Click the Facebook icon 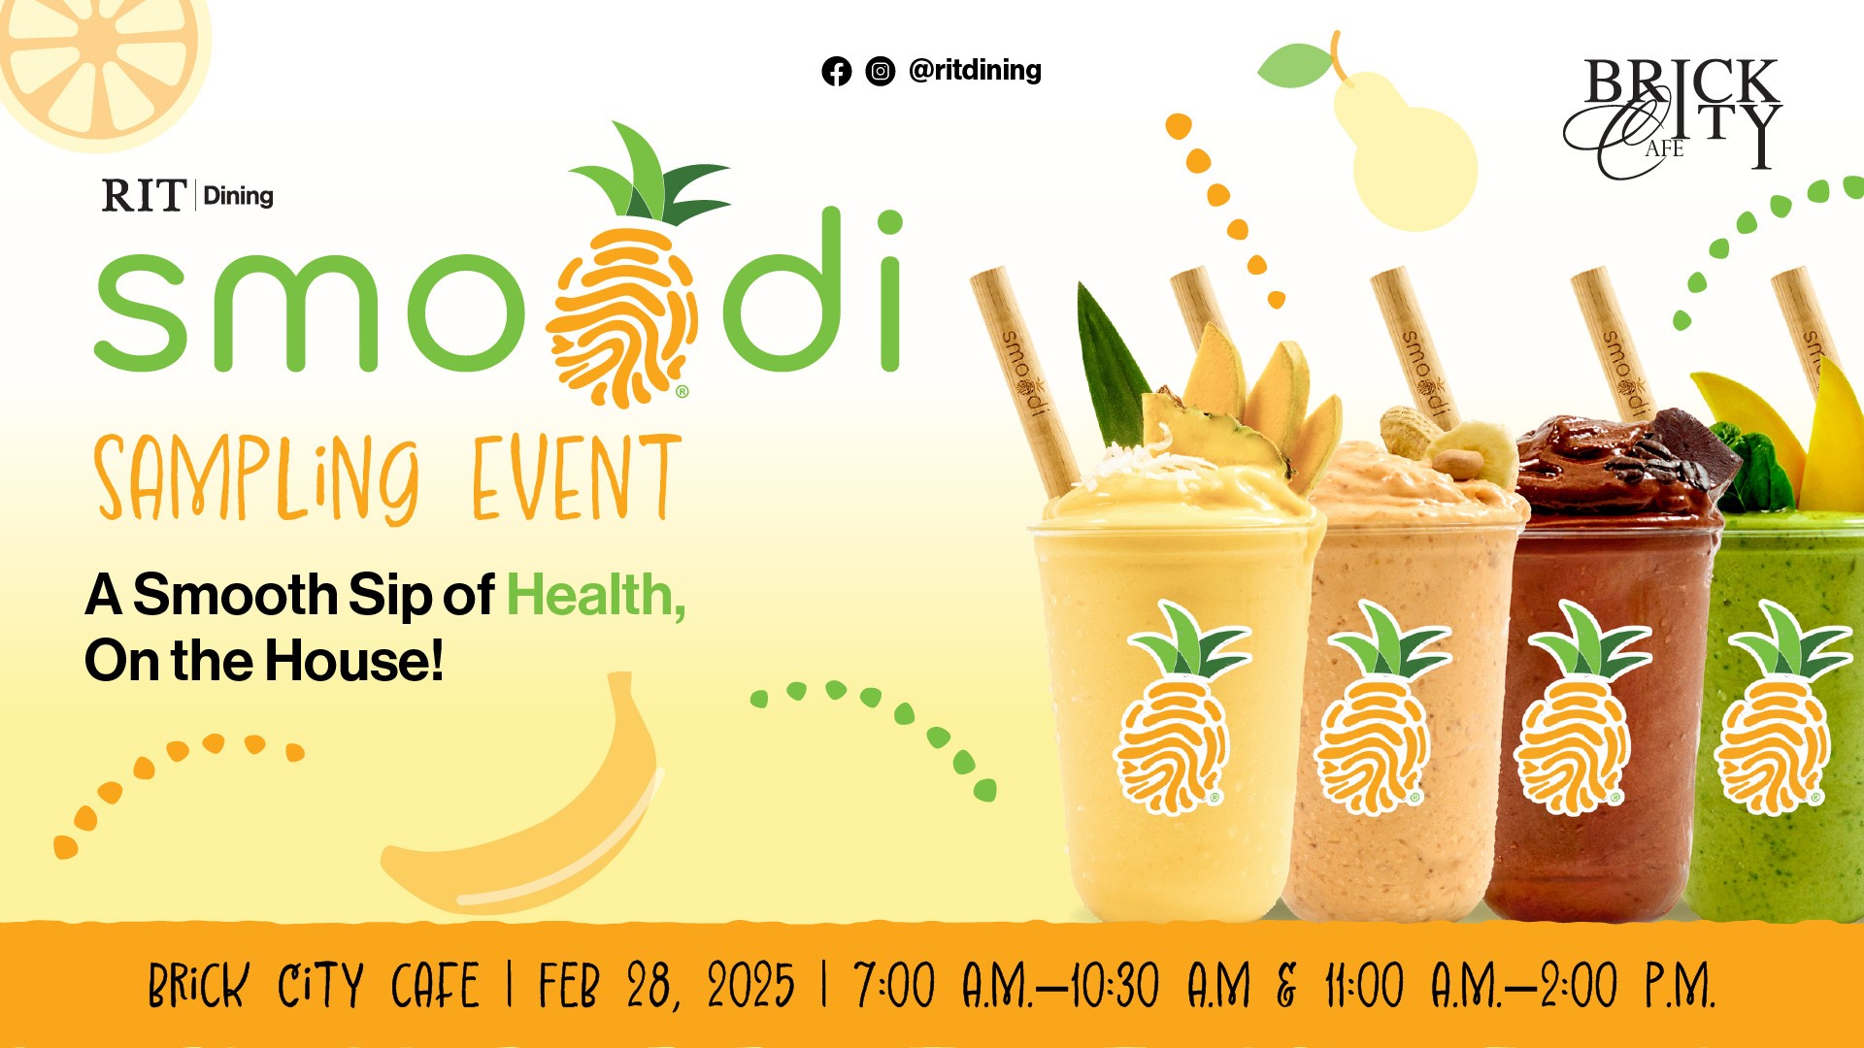[x=836, y=71]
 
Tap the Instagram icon [x=880, y=71]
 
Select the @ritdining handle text [x=975, y=70]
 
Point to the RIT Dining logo [x=187, y=196]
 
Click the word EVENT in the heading [x=576, y=478]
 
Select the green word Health [x=595, y=595]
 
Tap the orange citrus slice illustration [x=97, y=58]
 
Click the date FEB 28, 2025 [x=666, y=986]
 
